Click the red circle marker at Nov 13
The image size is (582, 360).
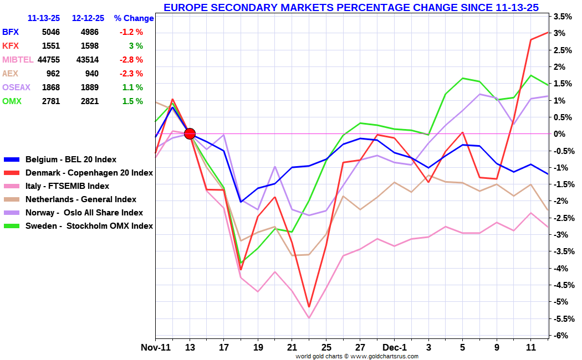pos(190,133)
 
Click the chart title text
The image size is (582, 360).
pos(351,7)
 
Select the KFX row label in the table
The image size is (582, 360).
pos(10,46)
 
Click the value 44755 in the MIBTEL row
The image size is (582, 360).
pos(49,60)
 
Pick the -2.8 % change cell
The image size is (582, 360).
pos(131,60)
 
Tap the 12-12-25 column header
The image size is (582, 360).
pos(89,18)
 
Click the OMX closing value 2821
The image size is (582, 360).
pos(89,101)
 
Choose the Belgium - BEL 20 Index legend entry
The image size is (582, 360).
pos(71,160)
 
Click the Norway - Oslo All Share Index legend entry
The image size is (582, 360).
pos(84,213)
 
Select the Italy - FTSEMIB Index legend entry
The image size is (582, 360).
pos(67,186)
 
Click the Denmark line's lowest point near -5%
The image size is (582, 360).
pos(309,307)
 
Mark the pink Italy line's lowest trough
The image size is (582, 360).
pos(309,318)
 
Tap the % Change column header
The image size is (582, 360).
pos(134,18)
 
